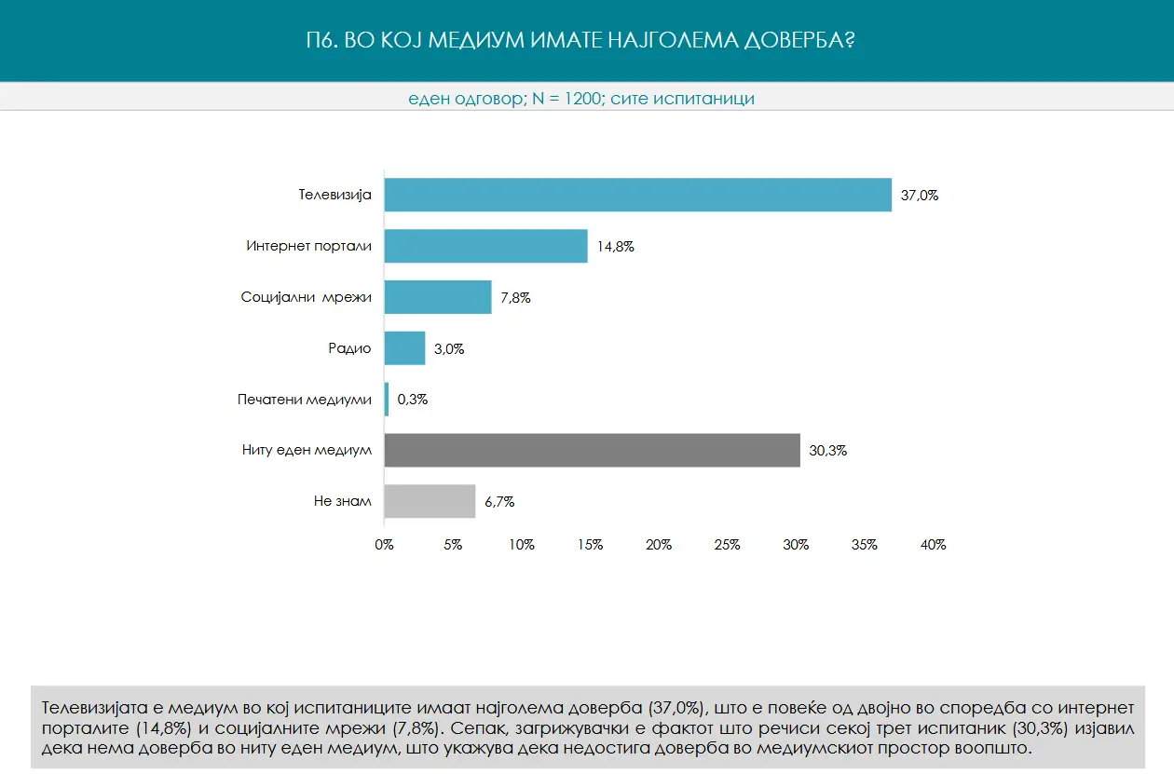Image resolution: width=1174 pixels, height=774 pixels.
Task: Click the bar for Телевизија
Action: [x=637, y=195]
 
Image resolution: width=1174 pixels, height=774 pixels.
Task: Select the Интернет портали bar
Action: [x=485, y=246]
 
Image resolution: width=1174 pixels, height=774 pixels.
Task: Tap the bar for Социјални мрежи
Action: [x=437, y=297]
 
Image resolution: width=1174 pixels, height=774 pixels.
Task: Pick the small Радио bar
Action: [x=404, y=348]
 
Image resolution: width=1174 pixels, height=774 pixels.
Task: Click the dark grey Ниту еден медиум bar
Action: [x=592, y=450]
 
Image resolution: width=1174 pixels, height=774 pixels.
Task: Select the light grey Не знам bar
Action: [x=430, y=501]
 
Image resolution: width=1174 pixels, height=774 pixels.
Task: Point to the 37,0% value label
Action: [x=919, y=196]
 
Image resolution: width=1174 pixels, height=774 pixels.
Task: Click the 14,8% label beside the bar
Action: [x=615, y=247]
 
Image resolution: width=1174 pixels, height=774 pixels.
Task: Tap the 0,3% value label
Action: [x=412, y=400]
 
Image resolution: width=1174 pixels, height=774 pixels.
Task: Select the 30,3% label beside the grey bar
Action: [x=827, y=451]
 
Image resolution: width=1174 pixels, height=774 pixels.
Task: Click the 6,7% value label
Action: [x=498, y=502]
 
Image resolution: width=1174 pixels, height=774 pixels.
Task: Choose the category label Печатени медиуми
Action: [x=305, y=400]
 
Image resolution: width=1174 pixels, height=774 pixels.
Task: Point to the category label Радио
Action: [x=349, y=348]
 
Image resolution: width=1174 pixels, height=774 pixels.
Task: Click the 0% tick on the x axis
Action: [x=384, y=545]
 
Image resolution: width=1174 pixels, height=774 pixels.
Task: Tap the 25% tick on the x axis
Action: [x=727, y=545]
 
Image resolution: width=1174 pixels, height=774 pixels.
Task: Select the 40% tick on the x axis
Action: [x=933, y=545]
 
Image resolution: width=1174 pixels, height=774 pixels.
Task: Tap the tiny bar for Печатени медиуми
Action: [x=387, y=400]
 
